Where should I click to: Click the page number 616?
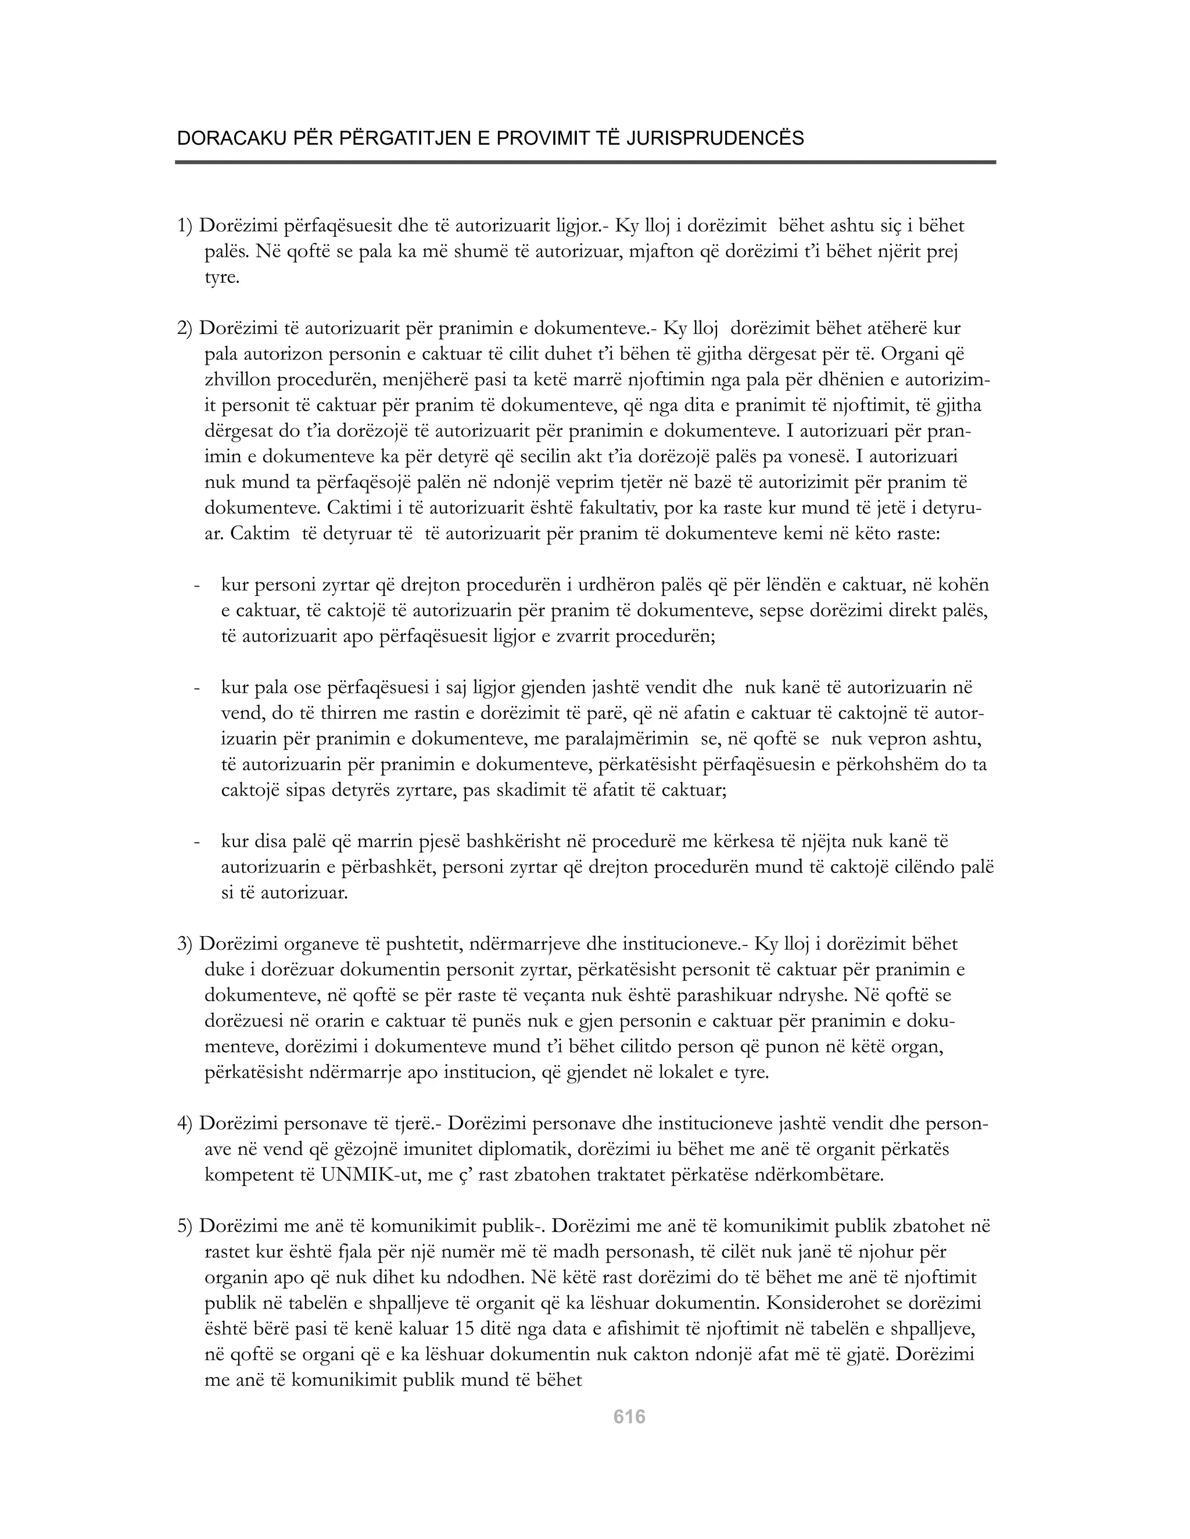point(629,1416)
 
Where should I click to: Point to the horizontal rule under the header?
point(585,163)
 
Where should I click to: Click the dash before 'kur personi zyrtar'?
point(198,585)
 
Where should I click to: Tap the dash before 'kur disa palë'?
point(198,841)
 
